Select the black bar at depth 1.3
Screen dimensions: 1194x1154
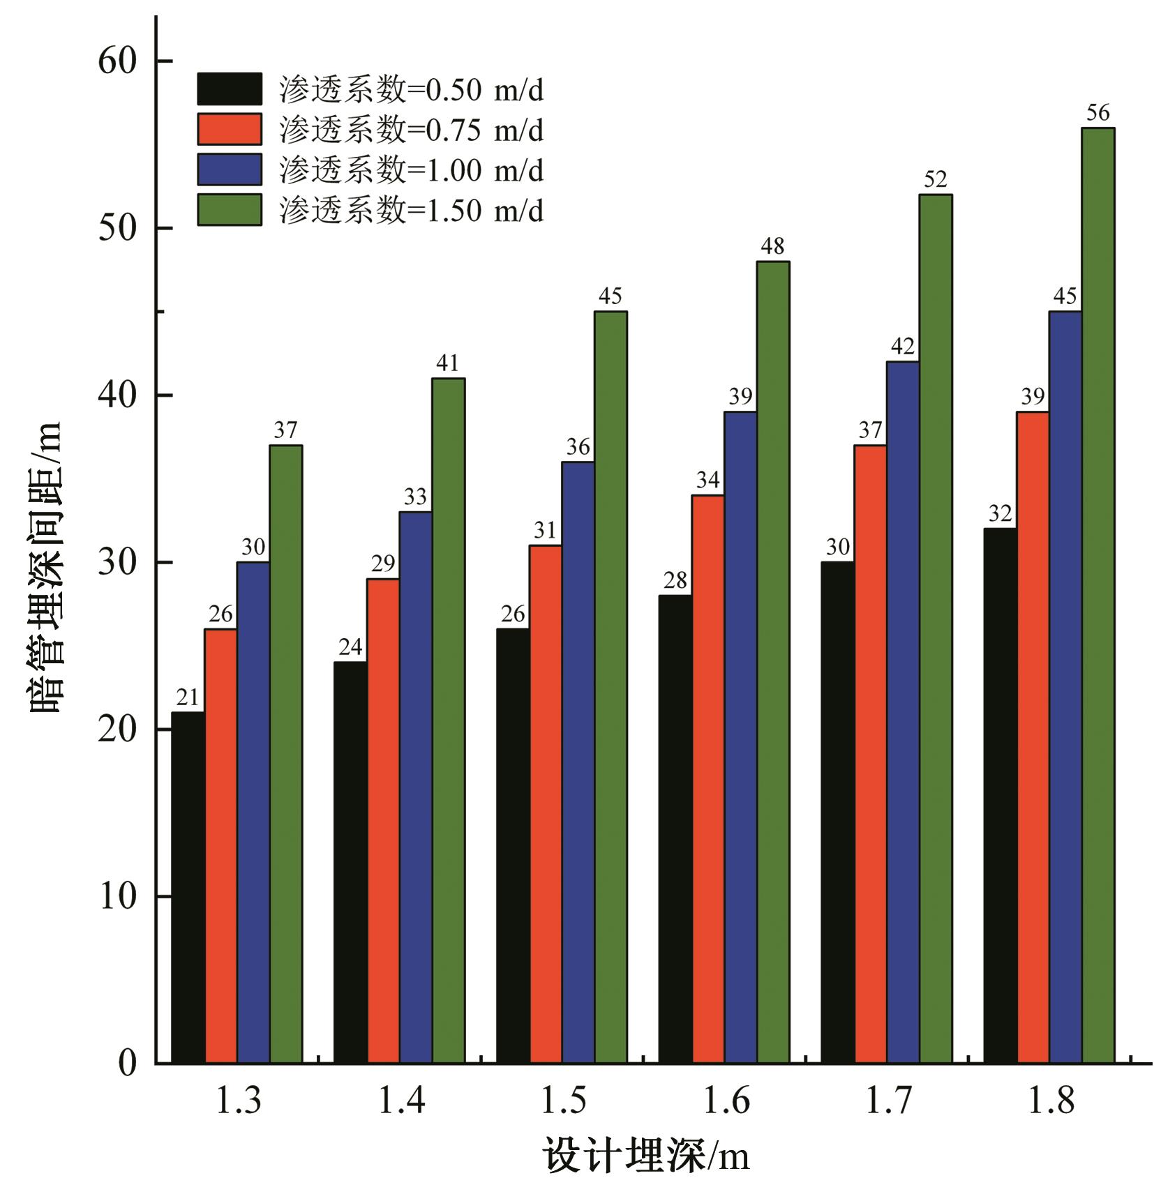tap(188, 887)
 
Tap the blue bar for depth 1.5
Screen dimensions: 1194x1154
tap(578, 762)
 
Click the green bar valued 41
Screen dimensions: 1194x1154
tap(448, 720)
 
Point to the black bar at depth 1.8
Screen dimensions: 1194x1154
tap(1000, 795)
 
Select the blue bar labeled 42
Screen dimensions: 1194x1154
tap(903, 712)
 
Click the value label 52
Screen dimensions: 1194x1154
tap(935, 180)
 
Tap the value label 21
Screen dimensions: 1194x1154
tap(187, 697)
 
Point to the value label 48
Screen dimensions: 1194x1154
tap(772, 246)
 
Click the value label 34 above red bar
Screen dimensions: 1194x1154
tap(707, 480)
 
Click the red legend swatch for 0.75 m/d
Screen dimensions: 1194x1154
tap(229, 129)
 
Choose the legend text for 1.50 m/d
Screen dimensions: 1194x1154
tap(411, 210)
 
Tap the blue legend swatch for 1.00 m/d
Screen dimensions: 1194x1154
tap(229, 169)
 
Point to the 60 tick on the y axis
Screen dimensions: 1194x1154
tap(117, 61)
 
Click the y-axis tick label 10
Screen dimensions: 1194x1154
tap(117, 895)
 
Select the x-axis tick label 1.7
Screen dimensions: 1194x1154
tap(888, 1101)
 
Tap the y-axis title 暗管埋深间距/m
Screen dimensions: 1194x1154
tap(47, 566)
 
